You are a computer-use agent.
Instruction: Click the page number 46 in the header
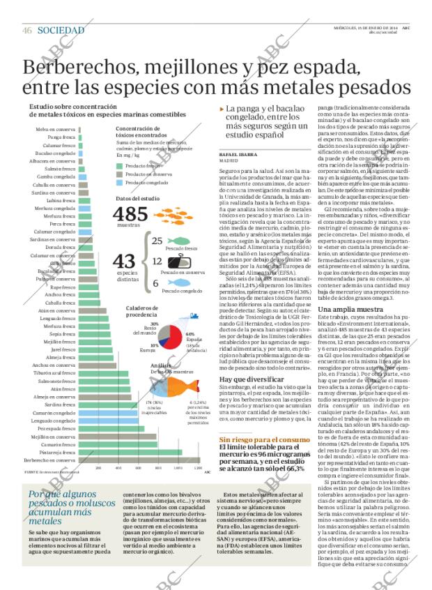click(x=27, y=30)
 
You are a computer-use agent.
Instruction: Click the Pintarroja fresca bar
click(x=129, y=452)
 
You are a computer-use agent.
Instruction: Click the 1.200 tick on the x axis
click(x=197, y=468)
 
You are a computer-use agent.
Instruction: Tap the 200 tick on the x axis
click(x=98, y=468)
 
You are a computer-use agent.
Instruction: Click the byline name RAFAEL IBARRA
click(x=238, y=153)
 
